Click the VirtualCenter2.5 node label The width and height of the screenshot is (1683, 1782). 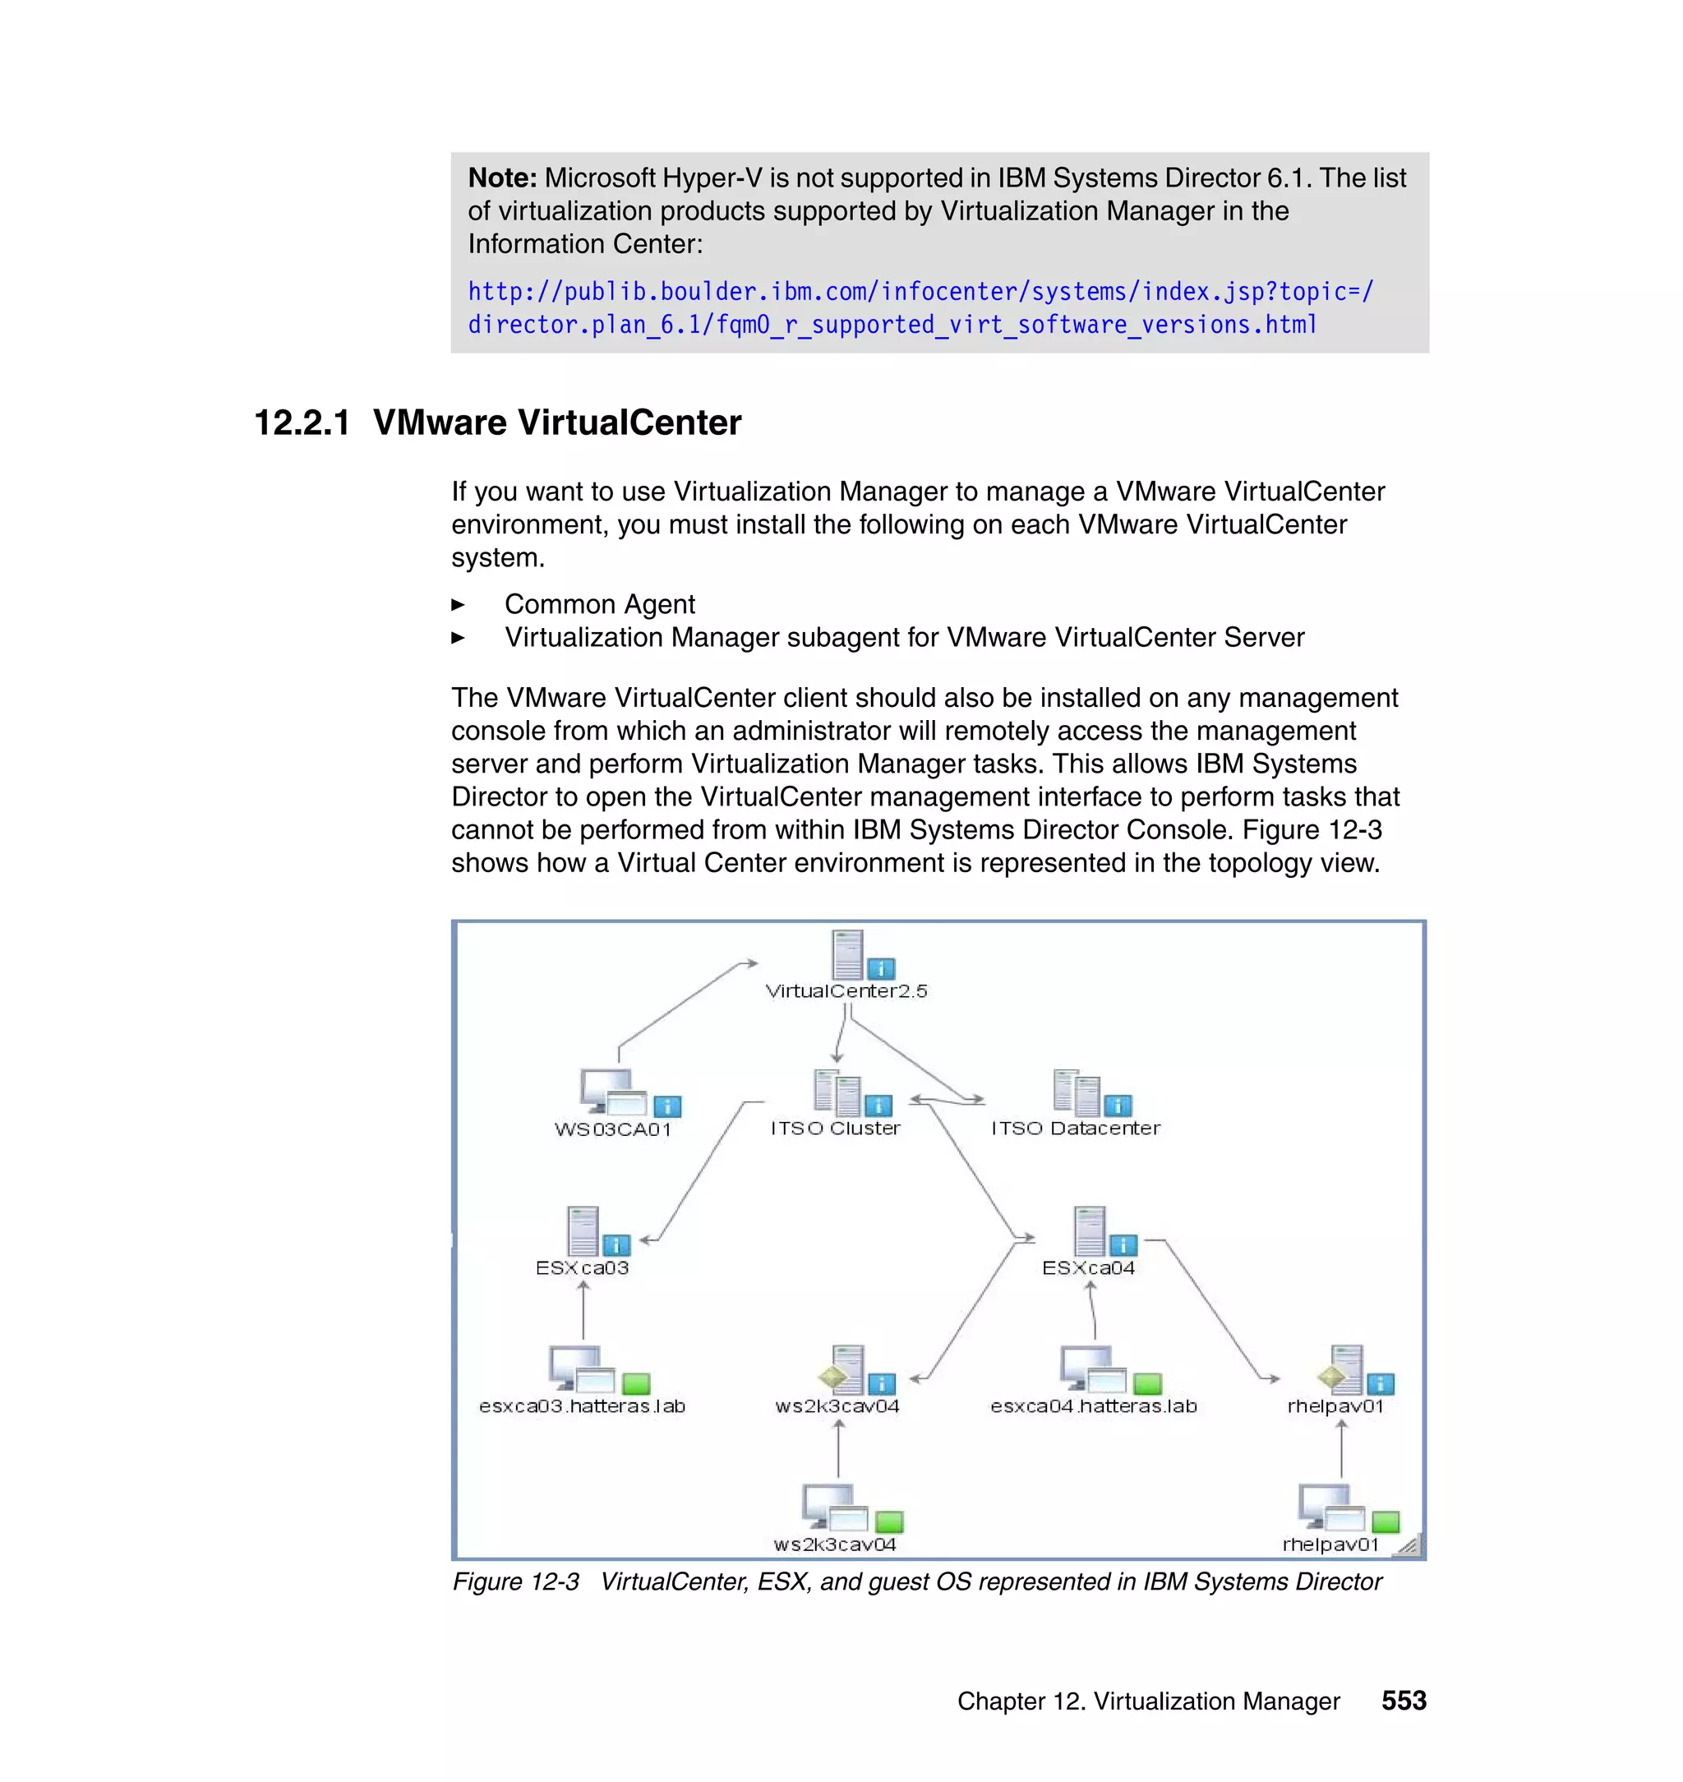(845, 990)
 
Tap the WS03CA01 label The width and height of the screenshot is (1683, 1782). (613, 1129)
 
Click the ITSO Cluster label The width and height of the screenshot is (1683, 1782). (834, 1128)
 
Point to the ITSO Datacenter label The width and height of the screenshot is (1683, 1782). (1075, 1128)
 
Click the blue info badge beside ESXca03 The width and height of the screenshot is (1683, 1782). (616, 1244)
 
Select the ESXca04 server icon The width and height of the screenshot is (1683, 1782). (1089, 1230)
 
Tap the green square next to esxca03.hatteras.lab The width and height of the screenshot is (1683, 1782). (635, 1383)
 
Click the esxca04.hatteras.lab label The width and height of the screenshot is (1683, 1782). (1093, 1406)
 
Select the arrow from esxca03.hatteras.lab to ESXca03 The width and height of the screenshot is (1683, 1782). (583, 1310)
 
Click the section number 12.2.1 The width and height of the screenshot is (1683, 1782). (302, 422)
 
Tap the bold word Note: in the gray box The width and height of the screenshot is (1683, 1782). (501, 178)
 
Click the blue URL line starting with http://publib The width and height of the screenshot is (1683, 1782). (920, 292)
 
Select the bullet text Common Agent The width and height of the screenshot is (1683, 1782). (599, 604)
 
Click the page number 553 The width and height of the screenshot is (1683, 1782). (1403, 1701)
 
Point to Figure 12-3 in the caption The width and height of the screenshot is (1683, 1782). (516, 1582)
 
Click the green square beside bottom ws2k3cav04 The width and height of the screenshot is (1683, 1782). (888, 1521)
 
